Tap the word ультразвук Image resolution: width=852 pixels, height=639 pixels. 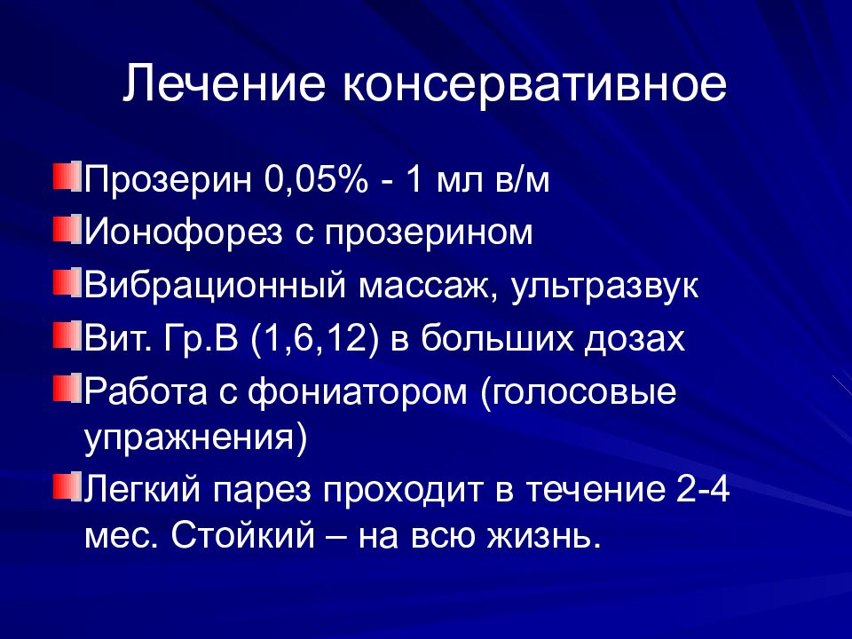pyautogui.click(x=604, y=287)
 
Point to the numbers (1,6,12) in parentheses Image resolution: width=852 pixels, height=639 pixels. pyautogui.click(x=312, y=340)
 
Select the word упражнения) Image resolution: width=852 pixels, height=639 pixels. pyautogui.click(x=195, y=438)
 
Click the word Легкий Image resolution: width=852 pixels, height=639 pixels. pyautogui.click(x=142, y=491)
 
